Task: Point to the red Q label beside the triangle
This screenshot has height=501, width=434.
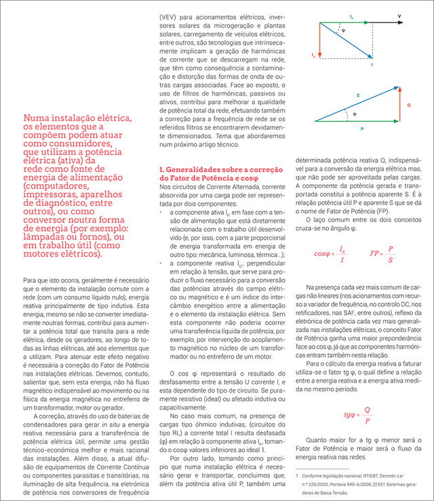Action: [x=408, y=106]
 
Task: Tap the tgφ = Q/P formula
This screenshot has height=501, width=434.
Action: [x=357, y=414]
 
